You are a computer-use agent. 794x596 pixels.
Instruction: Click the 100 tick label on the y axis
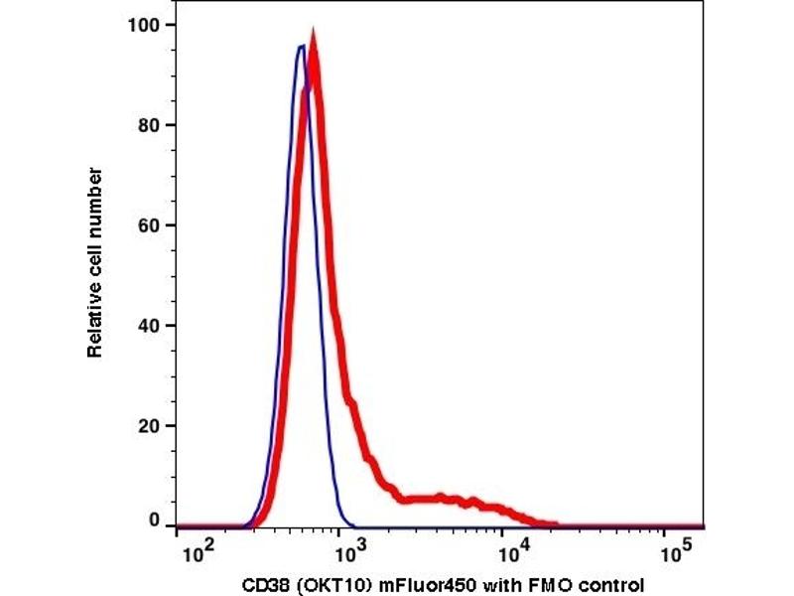click(x=147, y=24)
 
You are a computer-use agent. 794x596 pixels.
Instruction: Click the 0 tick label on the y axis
click(x=155, y=520)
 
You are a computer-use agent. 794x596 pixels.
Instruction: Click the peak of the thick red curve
click(x=314, y=40)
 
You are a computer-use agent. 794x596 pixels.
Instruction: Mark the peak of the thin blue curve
click(x=301, y=45)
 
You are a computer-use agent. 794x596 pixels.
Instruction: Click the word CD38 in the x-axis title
click(x=265, y=583)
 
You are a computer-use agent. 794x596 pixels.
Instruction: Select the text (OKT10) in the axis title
click(x=322, y=583)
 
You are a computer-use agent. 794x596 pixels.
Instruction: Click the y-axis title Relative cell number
click(x=96, y=262)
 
